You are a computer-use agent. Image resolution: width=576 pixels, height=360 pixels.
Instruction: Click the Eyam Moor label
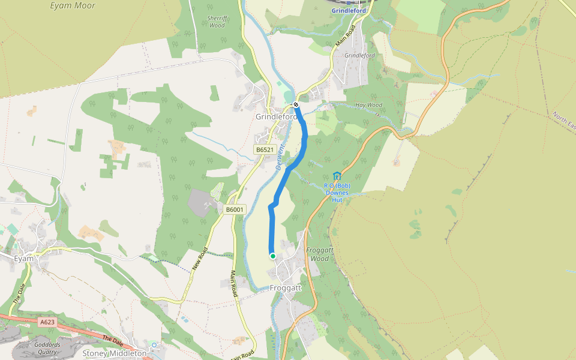pos(73,6)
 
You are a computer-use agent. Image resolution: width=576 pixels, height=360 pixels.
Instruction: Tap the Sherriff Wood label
pos(216,22)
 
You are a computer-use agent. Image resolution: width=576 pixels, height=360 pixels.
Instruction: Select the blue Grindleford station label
pos(349,11)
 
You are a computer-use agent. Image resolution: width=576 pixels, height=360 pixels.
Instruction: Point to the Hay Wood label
pos(368,105)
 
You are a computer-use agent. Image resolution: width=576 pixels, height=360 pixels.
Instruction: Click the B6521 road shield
pos(264,150)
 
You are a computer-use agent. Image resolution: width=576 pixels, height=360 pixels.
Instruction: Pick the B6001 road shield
pos(235,209)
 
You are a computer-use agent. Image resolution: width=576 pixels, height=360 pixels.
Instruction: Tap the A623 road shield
pos(47,322)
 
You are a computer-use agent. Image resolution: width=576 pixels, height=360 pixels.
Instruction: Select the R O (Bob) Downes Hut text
pos(337,193)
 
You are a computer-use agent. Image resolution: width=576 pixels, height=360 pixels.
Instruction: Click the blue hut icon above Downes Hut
pos(337,176)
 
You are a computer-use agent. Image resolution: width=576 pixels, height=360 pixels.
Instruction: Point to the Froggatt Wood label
pos(318,254)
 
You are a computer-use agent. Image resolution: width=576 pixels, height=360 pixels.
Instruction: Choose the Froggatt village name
pos(286,288)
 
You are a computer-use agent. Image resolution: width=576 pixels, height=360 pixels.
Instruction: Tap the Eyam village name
pos(24,258)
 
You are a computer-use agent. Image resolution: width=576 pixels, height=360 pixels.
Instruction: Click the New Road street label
pos(200,259)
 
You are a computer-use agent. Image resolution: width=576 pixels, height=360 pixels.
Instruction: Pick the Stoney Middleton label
pos(115,353)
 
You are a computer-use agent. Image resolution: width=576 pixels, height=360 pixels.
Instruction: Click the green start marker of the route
pos(273,256)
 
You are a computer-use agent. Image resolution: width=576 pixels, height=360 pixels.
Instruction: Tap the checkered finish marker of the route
pos(296,105)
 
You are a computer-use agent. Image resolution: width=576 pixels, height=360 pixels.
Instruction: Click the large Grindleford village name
pos(276,116)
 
